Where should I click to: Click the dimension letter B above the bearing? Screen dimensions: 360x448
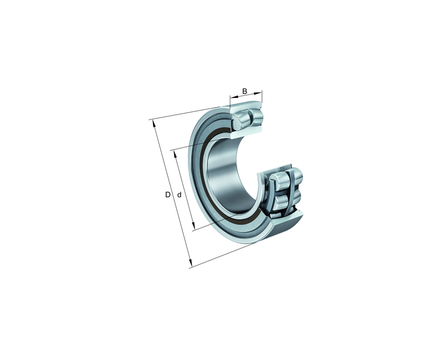pos(244,91)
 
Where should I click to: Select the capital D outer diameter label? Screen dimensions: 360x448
pos(168,195)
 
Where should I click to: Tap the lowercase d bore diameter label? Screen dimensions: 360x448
pos(179,195)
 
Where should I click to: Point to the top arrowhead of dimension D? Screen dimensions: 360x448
pos(154,123)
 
